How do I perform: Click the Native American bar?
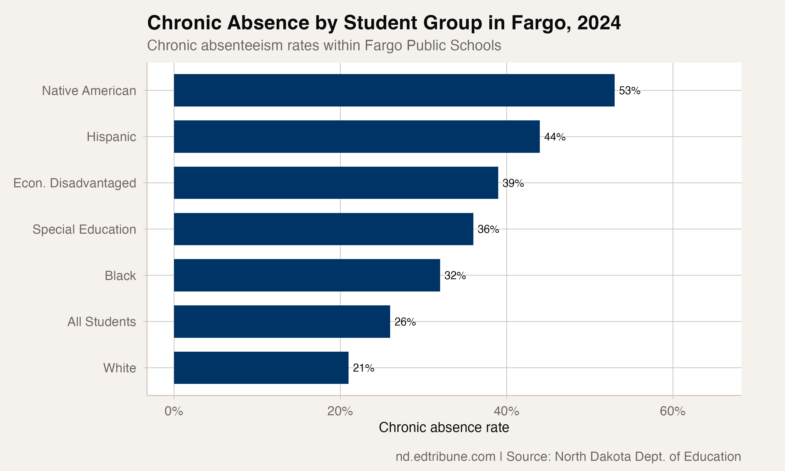coord(394,91)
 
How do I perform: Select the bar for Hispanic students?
coord(357,137)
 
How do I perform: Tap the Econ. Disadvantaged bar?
coord(336,183)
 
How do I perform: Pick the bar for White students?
coord(261,368)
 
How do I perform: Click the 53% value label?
coord(630,91)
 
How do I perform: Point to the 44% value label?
coord(555,137)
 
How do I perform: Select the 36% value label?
coord(488,229)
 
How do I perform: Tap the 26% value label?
coord(405,322)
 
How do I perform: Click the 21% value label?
coord(363,368)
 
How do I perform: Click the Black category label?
coord(120,276)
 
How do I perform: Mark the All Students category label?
coord(102,322)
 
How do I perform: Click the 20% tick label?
coord(340,411)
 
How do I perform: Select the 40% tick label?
coord(506,411)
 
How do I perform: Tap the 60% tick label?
coord(673,411)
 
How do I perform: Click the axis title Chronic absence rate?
coord(444,427)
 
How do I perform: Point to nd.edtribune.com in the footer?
coord(445,456)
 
